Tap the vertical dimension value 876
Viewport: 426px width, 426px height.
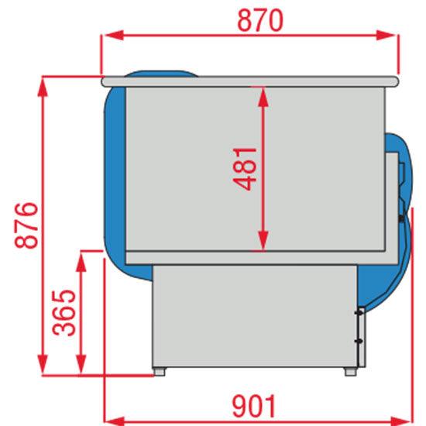tap(25, 225)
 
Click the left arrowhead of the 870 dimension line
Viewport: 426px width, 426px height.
tap(108, 34)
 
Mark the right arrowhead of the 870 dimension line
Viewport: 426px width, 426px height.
tap(391, 34)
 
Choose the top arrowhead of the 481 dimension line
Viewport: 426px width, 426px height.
tap(264, 90)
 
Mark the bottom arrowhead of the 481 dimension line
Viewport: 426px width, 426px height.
tap(264, 244)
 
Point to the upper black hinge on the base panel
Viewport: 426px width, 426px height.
tap(359, 312)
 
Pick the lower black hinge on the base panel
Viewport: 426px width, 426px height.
tap(359, 341)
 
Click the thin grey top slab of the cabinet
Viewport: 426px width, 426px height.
tap(248, 79)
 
